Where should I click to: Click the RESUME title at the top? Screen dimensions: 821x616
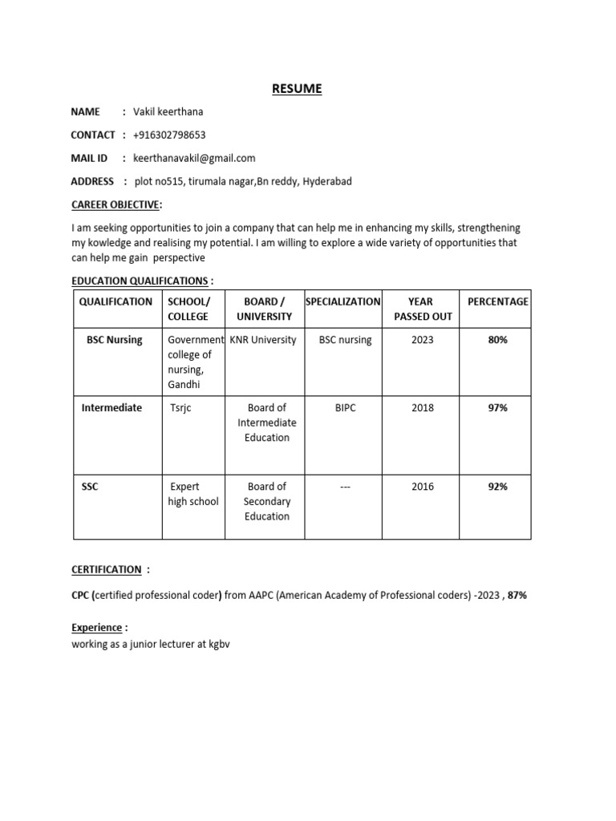[x=297, y=89]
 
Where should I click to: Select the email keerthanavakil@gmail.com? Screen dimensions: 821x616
[x=194, y=158]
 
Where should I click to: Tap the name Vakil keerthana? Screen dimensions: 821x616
[x=173, y=111]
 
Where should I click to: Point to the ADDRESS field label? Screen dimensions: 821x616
[x=92, y=181]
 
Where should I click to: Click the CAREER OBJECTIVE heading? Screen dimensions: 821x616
[x=115, y=204]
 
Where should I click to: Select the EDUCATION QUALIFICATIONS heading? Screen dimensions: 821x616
[x=139, y=280]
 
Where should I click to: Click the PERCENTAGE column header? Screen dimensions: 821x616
[x=497, y=301]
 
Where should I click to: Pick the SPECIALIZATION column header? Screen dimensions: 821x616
[x=343, y=301]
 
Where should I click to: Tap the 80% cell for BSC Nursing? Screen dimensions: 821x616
[x=497, y=340]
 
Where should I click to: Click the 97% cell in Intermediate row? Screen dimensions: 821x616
[x=497, y=408]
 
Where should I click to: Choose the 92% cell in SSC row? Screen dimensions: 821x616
[x=497, y=487]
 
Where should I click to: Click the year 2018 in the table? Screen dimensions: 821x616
[x=422, y=408]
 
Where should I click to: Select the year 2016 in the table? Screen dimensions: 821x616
[x=422, y=487]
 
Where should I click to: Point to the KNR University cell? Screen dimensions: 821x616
[x=263, y=340]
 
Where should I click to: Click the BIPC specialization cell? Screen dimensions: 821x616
[x=345, y=408]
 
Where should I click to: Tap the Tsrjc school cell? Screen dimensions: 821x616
[x=180, y=408]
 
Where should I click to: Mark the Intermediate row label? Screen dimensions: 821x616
[x=111, y=408]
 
